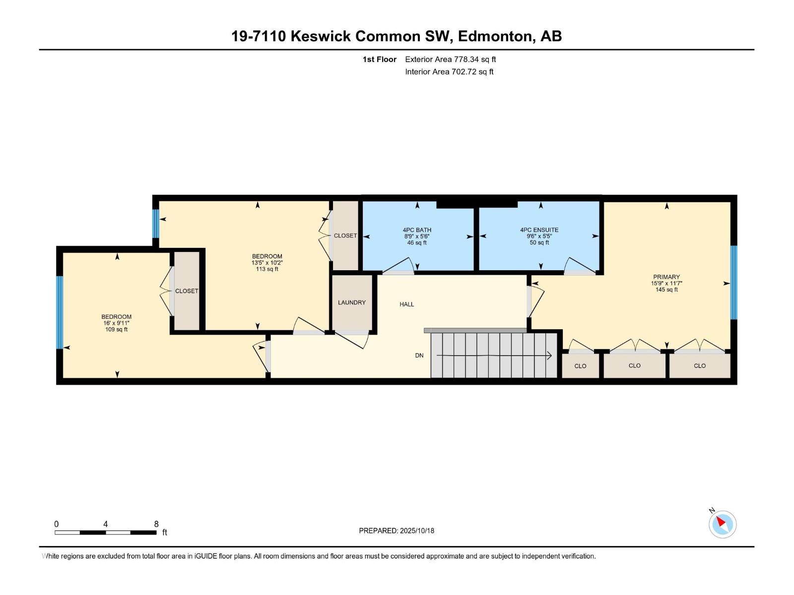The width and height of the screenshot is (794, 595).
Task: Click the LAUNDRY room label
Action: [x=351, y=302]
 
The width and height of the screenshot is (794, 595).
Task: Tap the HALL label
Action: [x=406, y=304]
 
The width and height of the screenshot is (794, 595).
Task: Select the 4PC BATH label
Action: [x=417, y=230]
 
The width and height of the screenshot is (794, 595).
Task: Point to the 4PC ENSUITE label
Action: [x=539, y=230]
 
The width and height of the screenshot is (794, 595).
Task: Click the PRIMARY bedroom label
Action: [x=666, y=277]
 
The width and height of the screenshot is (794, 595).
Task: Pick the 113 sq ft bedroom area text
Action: [x=267, y=269]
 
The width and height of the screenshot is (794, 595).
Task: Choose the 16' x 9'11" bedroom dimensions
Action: [x=116, y=323]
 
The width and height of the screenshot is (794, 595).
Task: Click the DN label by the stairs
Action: [x=419, y=356]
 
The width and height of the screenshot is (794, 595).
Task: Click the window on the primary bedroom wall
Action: [x=733, y=283]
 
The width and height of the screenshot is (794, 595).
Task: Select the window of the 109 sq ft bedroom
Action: [x=60, y=312]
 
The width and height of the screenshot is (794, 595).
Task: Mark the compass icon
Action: [x=722, y=524]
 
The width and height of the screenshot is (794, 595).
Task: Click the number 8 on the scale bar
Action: [x=156, y=524]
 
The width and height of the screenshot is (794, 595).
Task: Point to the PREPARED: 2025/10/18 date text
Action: [x=397, y=531]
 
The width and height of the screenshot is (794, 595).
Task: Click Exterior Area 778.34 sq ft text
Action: [x=450, y=59]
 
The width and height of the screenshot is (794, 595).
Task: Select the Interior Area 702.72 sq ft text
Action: [x=449, y=72]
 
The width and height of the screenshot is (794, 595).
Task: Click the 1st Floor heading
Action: [x=379, y=59]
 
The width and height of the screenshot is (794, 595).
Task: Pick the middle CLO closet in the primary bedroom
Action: [x=634, y=366]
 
